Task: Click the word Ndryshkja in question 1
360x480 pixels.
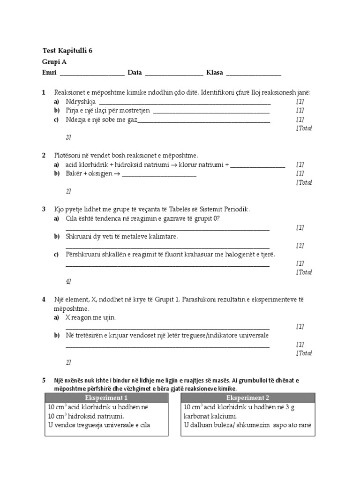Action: pyautogui.click(x=81, y=102)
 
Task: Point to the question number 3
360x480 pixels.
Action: pyautogui.click(x=44, y=209)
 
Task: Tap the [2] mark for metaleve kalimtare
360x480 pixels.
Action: pyautogui.click(x=300, y=246)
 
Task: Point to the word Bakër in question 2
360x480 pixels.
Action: pyautogui.click(x=74, y=174)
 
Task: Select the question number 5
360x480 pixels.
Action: pyautogui.click(x=44, y=380)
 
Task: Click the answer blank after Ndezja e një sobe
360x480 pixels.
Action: pyautogui.click(x=203, y=121)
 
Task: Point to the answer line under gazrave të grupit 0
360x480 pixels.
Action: pyautogui.click(x=167, y=229)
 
